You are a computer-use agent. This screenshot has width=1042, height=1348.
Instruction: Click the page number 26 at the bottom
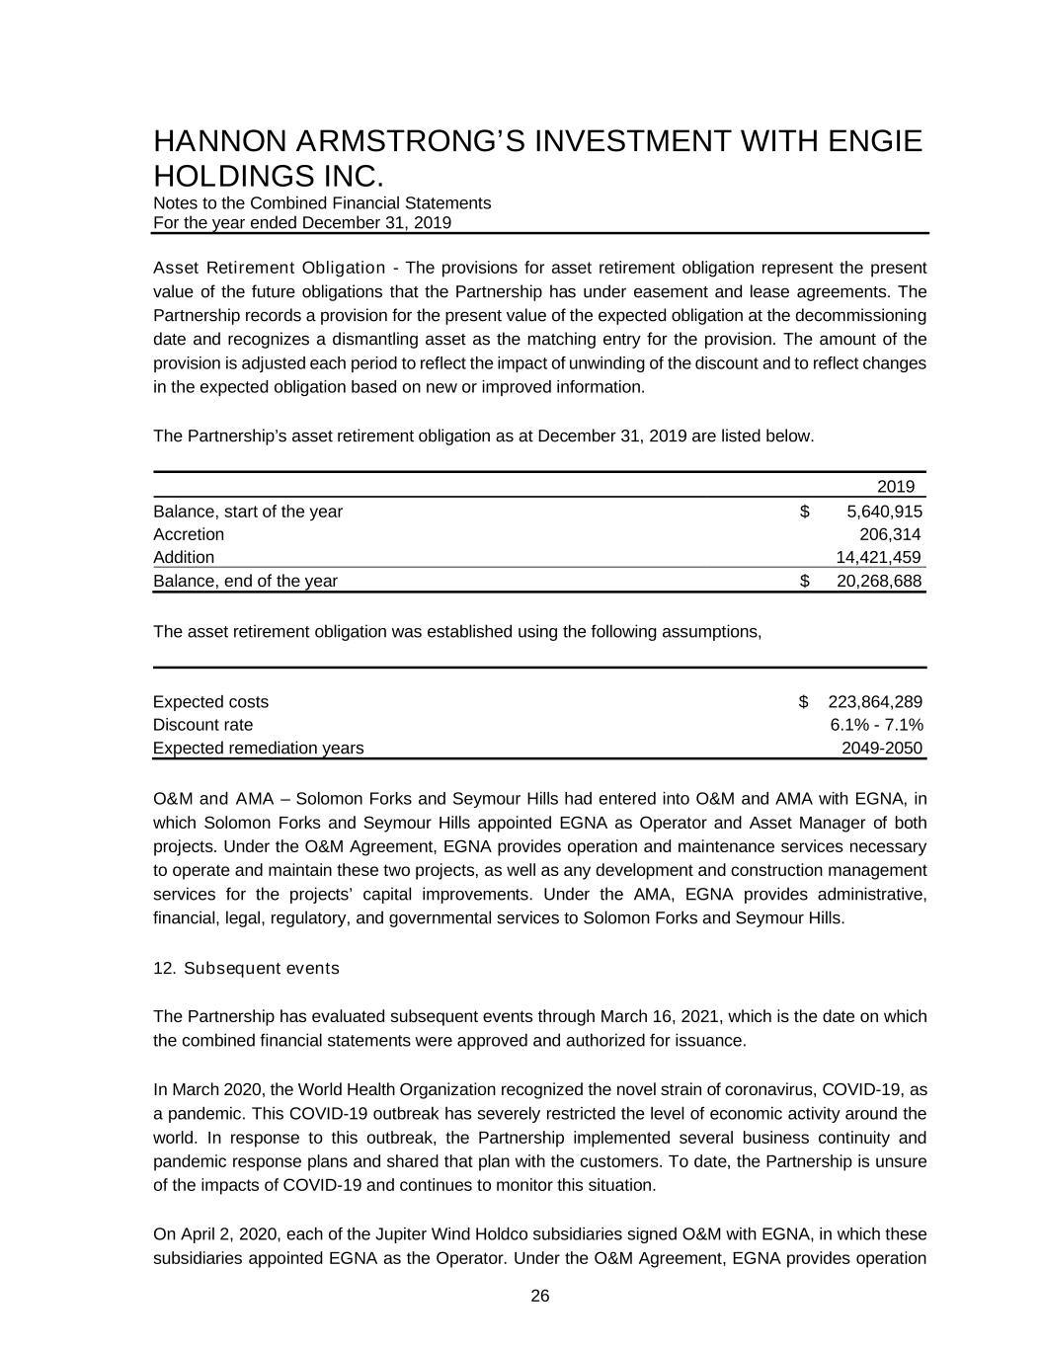click(x=540, y=1297)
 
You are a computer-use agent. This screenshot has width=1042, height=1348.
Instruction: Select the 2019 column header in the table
click(x=896, y=486)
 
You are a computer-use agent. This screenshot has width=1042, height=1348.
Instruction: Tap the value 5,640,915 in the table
click(x=884, y=512)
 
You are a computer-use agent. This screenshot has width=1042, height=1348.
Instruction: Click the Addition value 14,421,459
click(x=878, y=557)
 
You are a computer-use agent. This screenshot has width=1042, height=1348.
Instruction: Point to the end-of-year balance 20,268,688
click(x=878, y=581)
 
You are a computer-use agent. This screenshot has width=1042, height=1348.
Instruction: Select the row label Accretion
click(x=189, y=534)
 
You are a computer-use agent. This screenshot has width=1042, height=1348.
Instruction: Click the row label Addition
click(x=184, y=557)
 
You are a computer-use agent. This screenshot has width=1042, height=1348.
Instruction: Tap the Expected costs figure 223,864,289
click(x=874, y=702)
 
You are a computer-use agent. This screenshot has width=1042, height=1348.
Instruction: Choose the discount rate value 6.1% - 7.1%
click(x=876, y=725)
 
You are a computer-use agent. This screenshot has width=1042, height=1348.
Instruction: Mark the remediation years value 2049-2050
click(x=881, y=748)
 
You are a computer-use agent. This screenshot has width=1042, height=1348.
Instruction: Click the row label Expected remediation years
click(x=258, y=748)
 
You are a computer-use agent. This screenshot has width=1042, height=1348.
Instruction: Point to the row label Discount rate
click(x=202, y=725)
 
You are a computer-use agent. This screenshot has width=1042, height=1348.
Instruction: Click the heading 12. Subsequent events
click(x=246, y=968)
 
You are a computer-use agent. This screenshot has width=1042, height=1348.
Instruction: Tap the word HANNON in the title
click(x=214, y=141)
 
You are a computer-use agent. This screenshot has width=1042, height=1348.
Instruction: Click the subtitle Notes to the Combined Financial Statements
click(x=322, y=202)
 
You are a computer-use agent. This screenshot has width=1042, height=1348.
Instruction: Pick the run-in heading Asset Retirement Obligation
click(x=269, y=268)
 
